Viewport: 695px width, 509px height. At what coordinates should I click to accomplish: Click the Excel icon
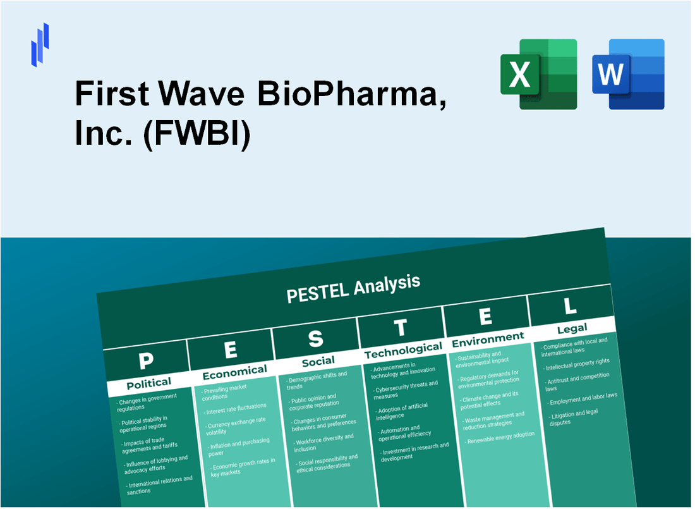[x=538, y=74]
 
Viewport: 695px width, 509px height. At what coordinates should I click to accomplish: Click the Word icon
[x=628, y=74]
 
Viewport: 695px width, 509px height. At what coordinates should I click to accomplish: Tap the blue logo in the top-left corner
[x=40, y=44]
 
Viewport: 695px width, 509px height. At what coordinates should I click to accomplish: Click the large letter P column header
[x=146, y=361]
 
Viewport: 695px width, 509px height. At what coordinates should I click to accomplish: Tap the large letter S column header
[x=315, y=340]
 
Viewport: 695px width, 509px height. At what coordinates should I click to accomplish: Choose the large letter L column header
[x=569, y=306]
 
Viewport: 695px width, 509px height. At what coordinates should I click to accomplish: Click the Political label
[x=148, y=383]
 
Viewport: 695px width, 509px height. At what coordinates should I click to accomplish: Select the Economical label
[x=234, y=371]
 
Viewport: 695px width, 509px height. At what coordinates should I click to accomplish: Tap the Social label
[x=318, y=360]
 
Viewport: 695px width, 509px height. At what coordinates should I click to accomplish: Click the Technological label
[x=403, y=350]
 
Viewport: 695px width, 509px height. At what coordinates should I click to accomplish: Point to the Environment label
[x=487, y=339]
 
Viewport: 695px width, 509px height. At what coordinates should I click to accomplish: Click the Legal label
[x=572, y=328]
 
